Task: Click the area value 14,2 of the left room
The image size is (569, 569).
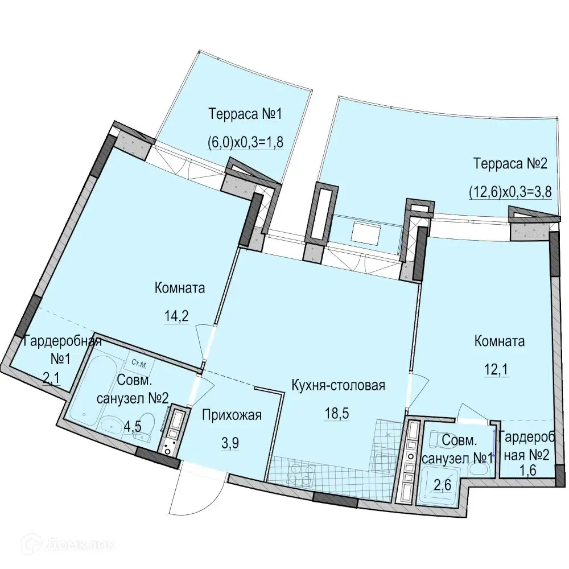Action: click(177, 316)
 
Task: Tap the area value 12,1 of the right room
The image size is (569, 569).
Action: click(496, 370)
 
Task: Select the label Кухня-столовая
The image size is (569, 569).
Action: click(338, 386)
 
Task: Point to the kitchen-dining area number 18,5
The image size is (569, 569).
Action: click(337, 413)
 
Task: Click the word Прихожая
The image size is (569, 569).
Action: click(232, 415)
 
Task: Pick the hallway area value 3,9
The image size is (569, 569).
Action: click(230, 443)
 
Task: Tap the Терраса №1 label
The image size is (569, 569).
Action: click(245, 114)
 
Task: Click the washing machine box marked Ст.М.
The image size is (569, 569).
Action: click(141, 364)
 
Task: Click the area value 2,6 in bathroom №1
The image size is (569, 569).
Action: click(443, 485)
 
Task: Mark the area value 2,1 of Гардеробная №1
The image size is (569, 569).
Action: click(52, 379)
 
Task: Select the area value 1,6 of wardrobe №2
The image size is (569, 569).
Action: click(527, 471)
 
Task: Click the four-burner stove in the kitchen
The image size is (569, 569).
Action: click(300, 472)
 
